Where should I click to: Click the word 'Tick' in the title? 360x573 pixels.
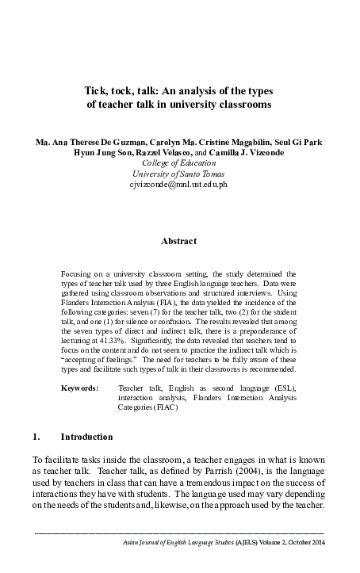[x=97, y=90]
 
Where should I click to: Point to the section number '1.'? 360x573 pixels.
[x=36, y=437]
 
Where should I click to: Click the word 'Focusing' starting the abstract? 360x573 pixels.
[x=78, y=273]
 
